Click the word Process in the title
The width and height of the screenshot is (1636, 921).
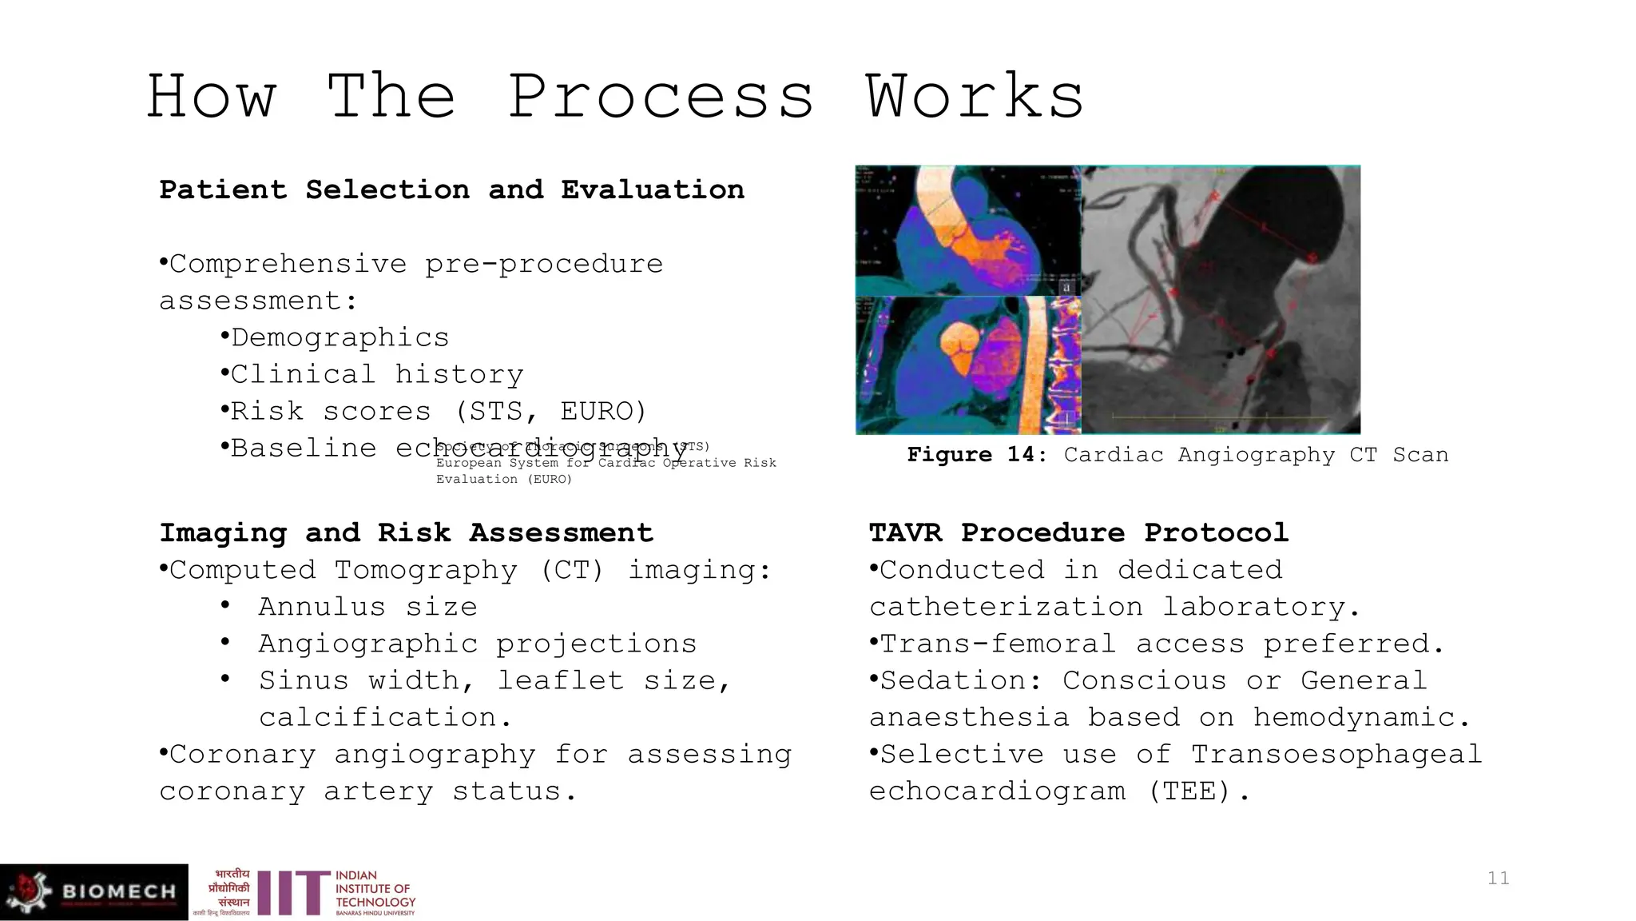[661, 97]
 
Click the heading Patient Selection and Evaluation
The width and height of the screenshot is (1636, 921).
[451, 190]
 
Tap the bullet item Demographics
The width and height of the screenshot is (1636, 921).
[340, 337]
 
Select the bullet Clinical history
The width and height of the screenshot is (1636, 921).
[376, 374]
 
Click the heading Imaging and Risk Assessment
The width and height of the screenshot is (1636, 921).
[406, 532]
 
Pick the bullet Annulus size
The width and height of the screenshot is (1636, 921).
[367, 607]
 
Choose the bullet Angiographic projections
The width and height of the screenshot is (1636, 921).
[477, 644]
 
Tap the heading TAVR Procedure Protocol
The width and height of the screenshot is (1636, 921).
[1078, 532]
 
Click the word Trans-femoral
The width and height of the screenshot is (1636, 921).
[994, 644]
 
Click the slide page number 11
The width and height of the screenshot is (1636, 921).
[1498, 878]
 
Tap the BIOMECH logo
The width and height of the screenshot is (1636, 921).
[94, 891]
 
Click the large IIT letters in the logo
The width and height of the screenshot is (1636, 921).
[293, 893]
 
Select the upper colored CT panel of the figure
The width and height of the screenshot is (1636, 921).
[967, 230]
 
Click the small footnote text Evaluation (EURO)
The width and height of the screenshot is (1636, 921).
[504, 479]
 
